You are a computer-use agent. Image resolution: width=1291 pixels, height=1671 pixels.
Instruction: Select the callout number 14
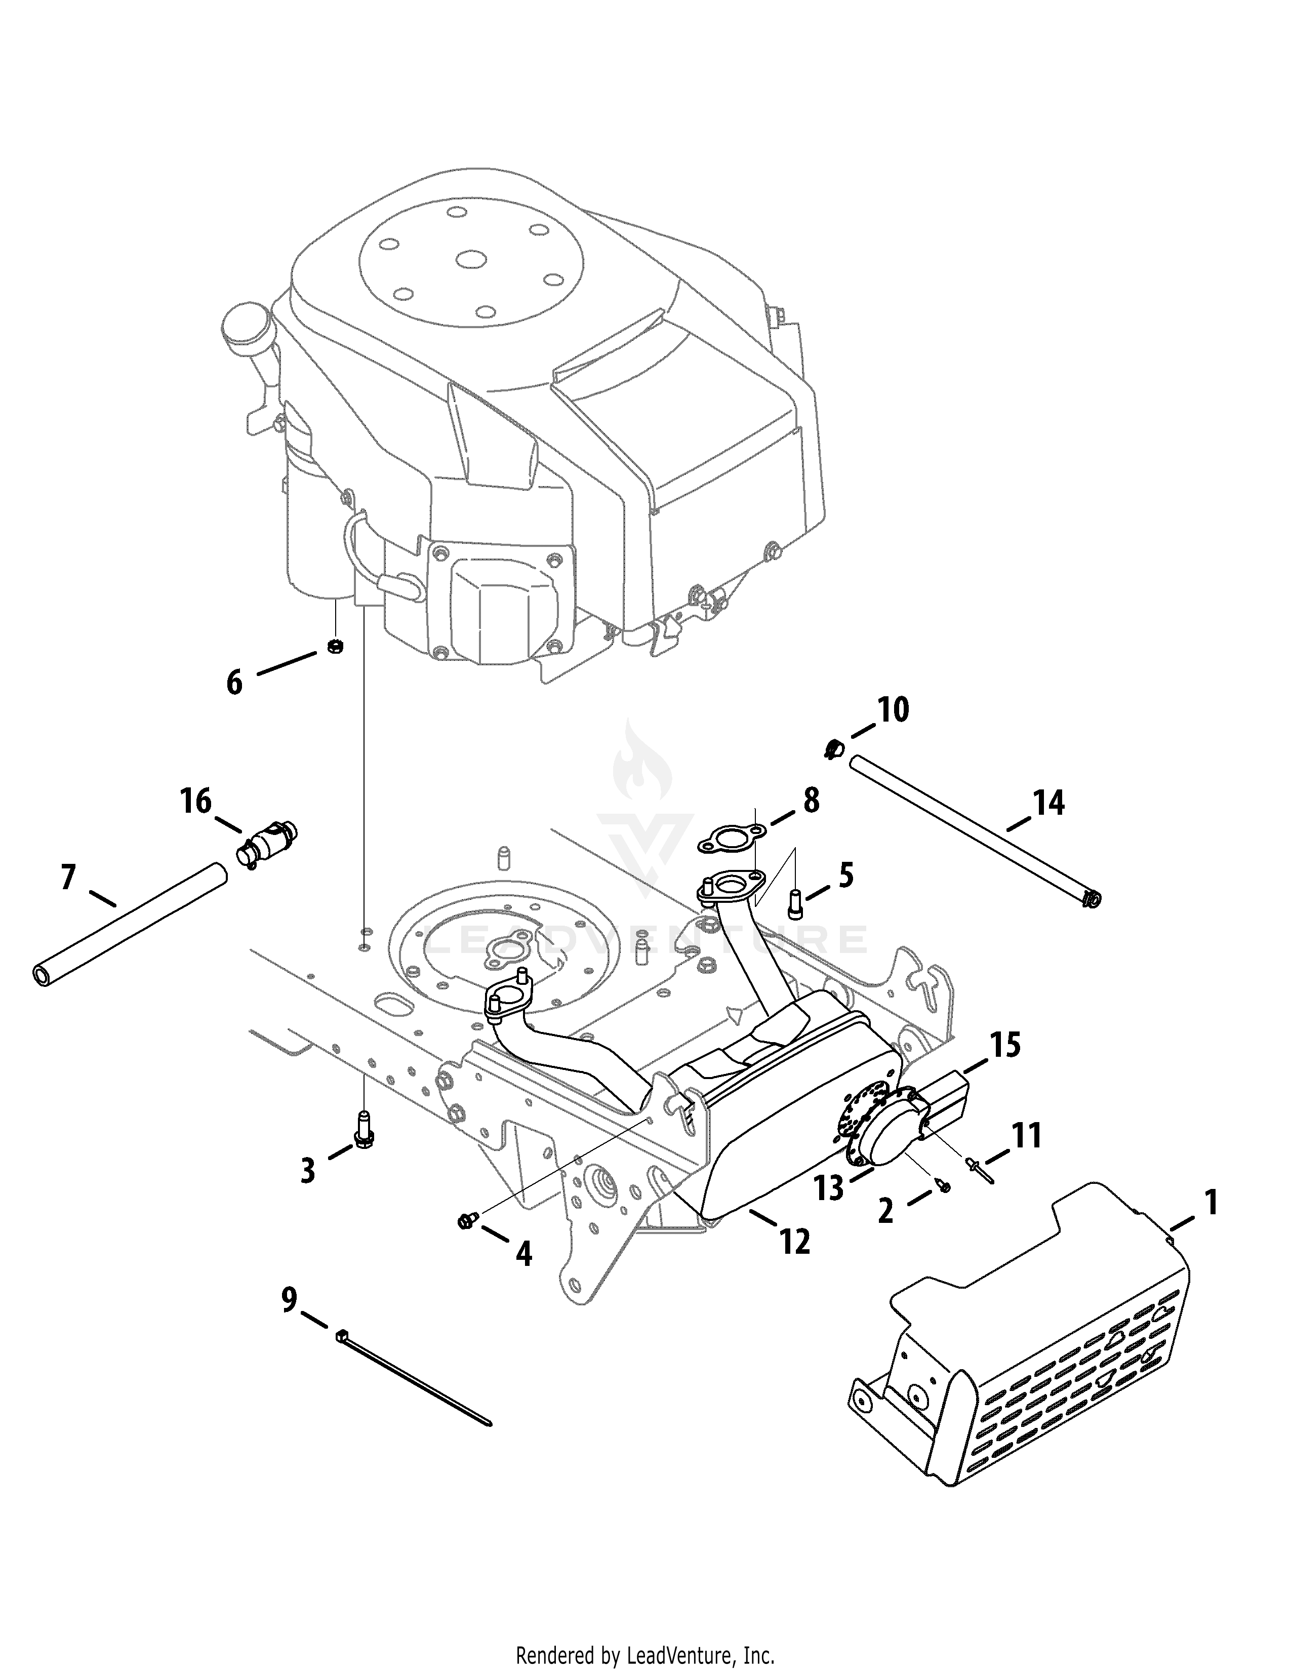pyautogui.click(x=1048, y=804)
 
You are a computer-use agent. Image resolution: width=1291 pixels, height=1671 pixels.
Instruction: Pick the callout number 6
pyautogui.click(x=234, y=682)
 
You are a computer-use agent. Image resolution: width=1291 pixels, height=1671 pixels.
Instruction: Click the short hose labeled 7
pyautogui.click(x=130, y=923)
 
